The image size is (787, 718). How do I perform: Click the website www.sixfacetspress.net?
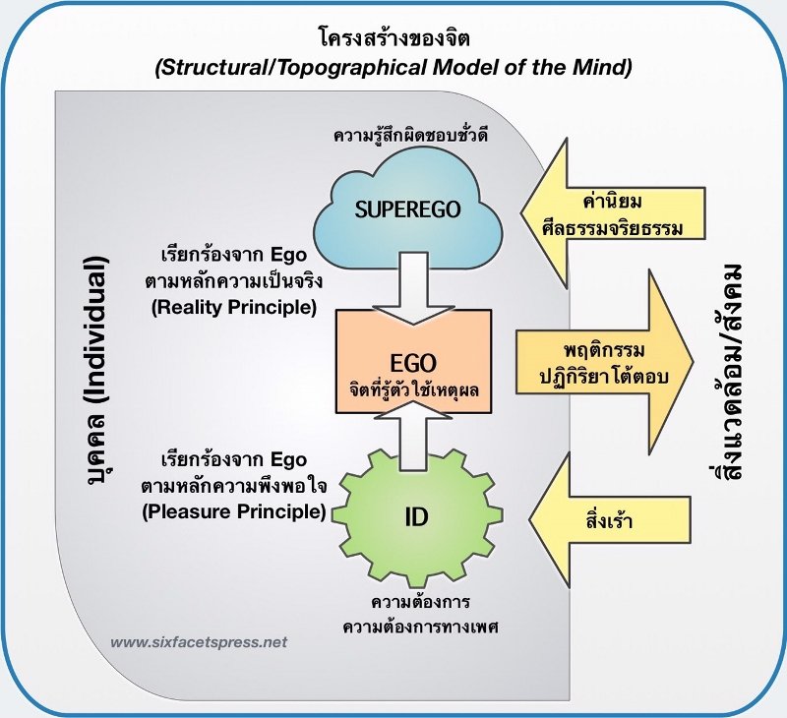click(x=199, y=642)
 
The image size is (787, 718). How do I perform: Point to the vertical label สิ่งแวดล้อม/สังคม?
click(x=728, y=374)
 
